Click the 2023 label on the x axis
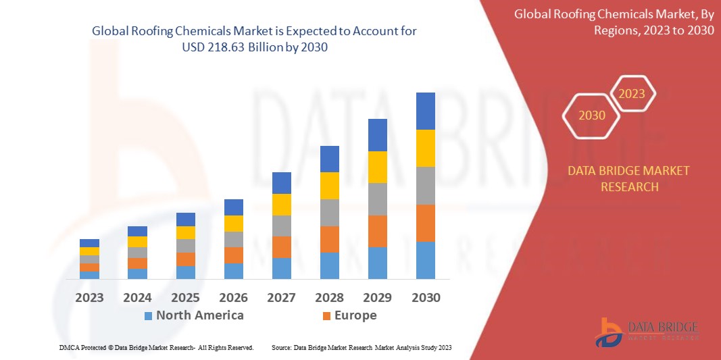point(89,297)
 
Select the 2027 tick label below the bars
point(281,297)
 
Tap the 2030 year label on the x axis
point(425,297)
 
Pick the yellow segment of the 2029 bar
point(377,167)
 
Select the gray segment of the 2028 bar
point(329,212)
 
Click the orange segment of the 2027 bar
point(281,247)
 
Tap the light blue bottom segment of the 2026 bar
point(233,271)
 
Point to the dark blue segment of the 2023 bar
point(89,243)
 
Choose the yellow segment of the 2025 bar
point(185,232)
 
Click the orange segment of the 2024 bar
point(137,263)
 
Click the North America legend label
point(199,315)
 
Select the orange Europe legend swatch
point(327,316)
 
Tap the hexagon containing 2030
point(591,115)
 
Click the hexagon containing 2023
point(632,94)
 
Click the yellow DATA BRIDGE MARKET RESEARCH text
point(629,178)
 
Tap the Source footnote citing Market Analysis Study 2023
point(361,347)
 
